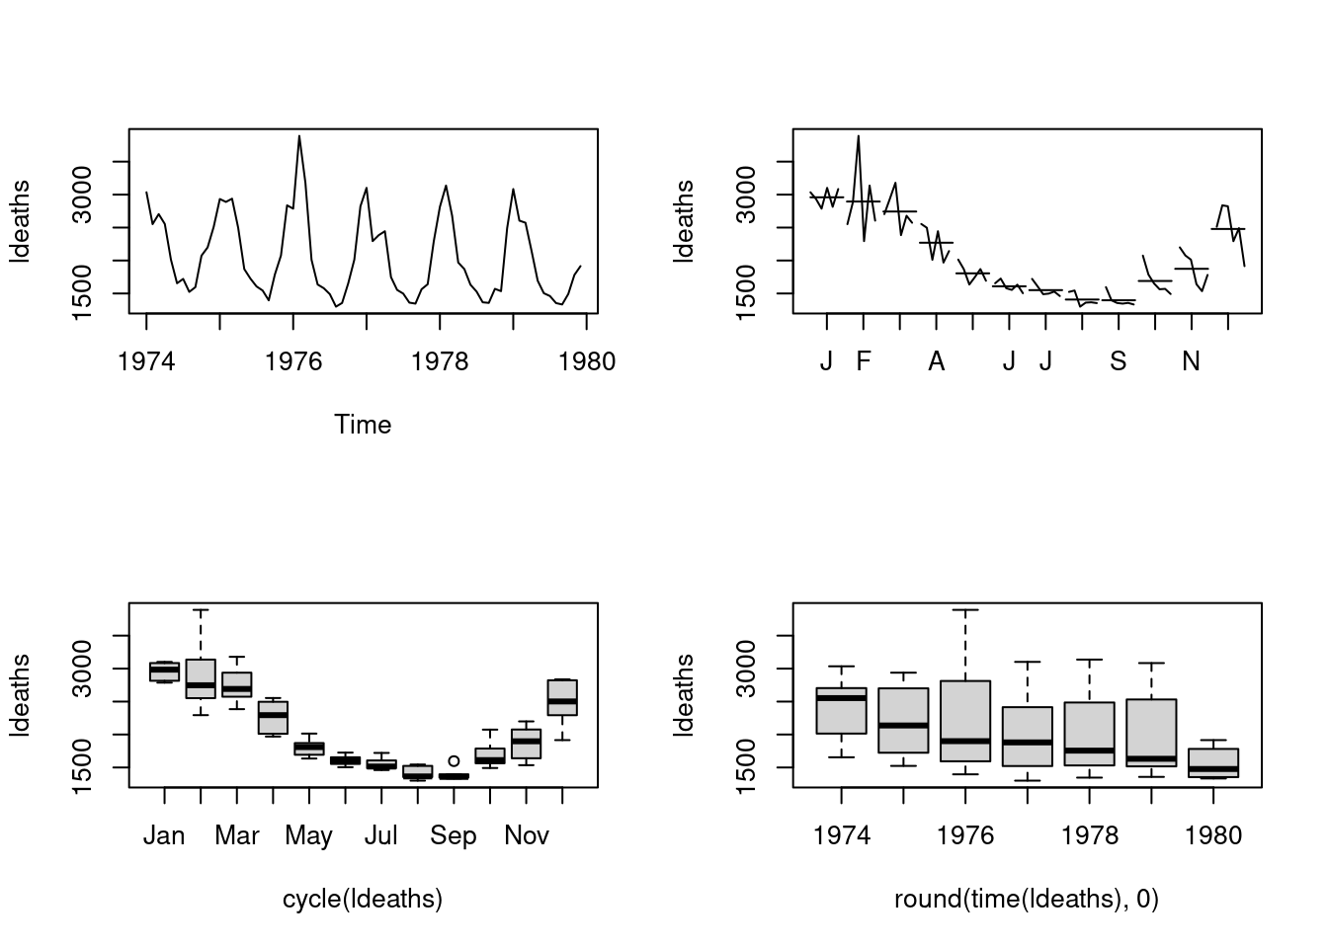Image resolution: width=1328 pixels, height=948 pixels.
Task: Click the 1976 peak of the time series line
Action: pyautogui.click(x=299, y=136)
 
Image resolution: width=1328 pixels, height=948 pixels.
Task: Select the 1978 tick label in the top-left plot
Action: pyautogui.click(x=440, y=361)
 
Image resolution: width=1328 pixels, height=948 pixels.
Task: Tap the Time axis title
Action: pyautogui.click(x=363, y=425)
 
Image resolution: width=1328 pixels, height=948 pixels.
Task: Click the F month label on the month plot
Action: pyautogui.click(x=864, y=361)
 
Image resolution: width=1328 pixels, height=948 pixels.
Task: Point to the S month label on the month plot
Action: pyautogui.click(x=1118, y=361)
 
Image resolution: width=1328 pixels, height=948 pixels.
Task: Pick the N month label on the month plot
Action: pyautogui.click(x=1191, y=361)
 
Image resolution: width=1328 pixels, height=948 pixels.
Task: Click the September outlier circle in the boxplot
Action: pyautogui.click(x=454, y=760)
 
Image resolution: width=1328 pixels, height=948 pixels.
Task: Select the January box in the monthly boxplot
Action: pyautogui.click(x=164, y=671)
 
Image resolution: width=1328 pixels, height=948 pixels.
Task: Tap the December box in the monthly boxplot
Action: pyautogui.click(x=562, y=697)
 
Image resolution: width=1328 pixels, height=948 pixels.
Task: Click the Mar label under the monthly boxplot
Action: pyautogui.click(x=236, y=835)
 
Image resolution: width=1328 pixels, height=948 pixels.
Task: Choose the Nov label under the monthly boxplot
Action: pyautogui.click(x=526, y=835)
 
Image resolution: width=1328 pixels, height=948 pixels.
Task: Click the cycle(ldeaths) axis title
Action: pyautogui.click(x=363, y=899)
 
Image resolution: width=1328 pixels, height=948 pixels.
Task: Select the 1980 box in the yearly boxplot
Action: pyautogui.click(x=1213, y=763)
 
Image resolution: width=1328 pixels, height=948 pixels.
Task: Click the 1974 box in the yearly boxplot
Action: pyautogui.click(x=841, y=711)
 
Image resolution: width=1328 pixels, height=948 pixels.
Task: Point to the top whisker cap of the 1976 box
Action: pyautogui.click(x=965, y=610)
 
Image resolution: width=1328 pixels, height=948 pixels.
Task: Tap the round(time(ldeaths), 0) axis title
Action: pyautogui.click(x=1027, y=899)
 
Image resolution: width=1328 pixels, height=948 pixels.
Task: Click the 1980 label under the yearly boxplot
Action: pyautogui.click(x=1213, y=835)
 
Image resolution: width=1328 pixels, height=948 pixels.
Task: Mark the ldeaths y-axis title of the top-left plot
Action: pyautogui.click(x=20, y=222)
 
